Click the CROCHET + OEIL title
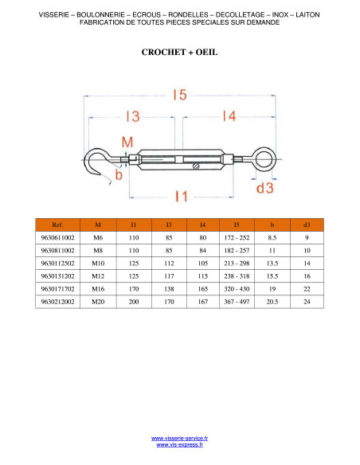[x=179, y=53]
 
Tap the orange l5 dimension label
[x=180, y=95]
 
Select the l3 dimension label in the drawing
[x=132, y=116]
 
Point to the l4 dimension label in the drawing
[x=229, y=116]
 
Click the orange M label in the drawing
[x=127, y=143]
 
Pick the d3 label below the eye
[x=264, y=188]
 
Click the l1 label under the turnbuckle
[x=181, y=197]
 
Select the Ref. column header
[x=57, y=225]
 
